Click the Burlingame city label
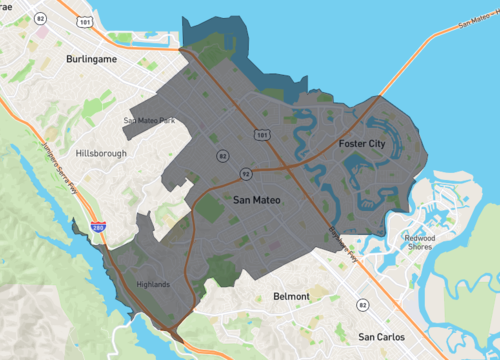coord(92,60)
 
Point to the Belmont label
coord(292,297)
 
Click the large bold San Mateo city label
coord(257,201)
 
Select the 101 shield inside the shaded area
coord(262,132)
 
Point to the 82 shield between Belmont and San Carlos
coord(362,304)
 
